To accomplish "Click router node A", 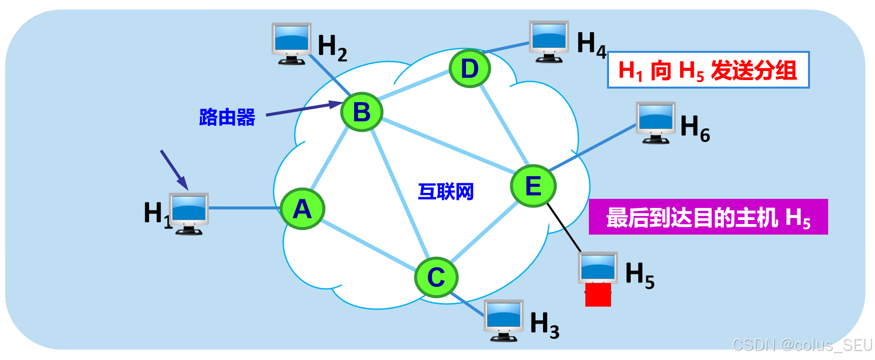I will pos(302,209).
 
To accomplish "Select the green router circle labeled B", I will pos(362,112).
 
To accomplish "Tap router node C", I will pos(436,277).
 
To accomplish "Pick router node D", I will pos(469,68).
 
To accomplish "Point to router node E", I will pos(533,186).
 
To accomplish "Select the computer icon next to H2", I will pos(291,43).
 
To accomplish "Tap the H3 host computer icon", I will pos(504,320).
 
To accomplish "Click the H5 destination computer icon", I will pos(598,269).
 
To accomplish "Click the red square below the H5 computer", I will pos(598,295).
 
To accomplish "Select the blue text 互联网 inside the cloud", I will pos(446,192).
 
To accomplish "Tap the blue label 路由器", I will pos(227,117).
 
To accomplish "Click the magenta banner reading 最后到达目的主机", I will pos(708,217).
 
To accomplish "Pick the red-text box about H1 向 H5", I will pos(708,70).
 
